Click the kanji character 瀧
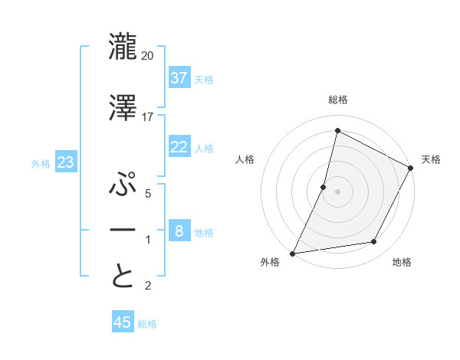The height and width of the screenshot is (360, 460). click(x=123, y=47)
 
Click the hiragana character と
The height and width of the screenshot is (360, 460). click(x=123, y=276)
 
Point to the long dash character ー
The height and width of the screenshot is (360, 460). click(x=123, y=231)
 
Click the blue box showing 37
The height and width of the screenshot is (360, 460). click(x=179, y=78)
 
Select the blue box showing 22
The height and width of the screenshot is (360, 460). click(x=179, y=148)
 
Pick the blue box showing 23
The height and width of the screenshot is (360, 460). click(x=65, y=162)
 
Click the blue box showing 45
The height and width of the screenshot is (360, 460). click(x=123, y=322)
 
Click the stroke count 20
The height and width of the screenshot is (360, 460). click(x=147, y=56)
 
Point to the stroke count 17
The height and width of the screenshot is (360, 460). click(x=147, y=117)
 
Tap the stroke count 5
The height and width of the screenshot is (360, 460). click(x=147, y=195)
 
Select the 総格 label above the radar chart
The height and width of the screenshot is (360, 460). click(x=337, y=100)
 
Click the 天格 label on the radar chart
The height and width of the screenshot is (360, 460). click(x=431, y=159)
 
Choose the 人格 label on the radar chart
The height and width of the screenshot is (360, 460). click(x=245, y=159)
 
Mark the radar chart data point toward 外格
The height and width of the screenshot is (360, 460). click(x=292, y=253)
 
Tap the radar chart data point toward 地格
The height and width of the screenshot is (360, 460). click(x=374, y=242)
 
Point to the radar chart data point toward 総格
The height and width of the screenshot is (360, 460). click(x=337, y=130)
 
